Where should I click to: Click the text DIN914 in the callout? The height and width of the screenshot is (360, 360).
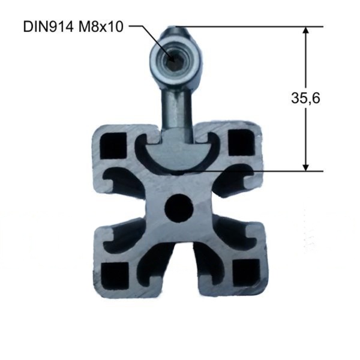coord(48,27)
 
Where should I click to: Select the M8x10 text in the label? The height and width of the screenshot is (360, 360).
coord(101,27)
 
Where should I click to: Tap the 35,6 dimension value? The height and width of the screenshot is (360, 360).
coord(305,98)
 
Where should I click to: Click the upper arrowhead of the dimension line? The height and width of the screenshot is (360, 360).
coord(305,32)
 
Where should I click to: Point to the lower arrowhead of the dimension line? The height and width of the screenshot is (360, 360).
coord(305,166)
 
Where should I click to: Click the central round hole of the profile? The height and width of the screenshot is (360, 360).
coord(179,208)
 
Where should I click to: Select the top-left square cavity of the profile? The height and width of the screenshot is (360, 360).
coord(114,146)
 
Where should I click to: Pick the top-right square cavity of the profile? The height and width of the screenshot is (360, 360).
coord(242,142)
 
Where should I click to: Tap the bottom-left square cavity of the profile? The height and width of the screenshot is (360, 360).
coord(115,275)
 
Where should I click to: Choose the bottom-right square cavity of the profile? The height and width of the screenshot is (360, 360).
coord(247,273)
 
